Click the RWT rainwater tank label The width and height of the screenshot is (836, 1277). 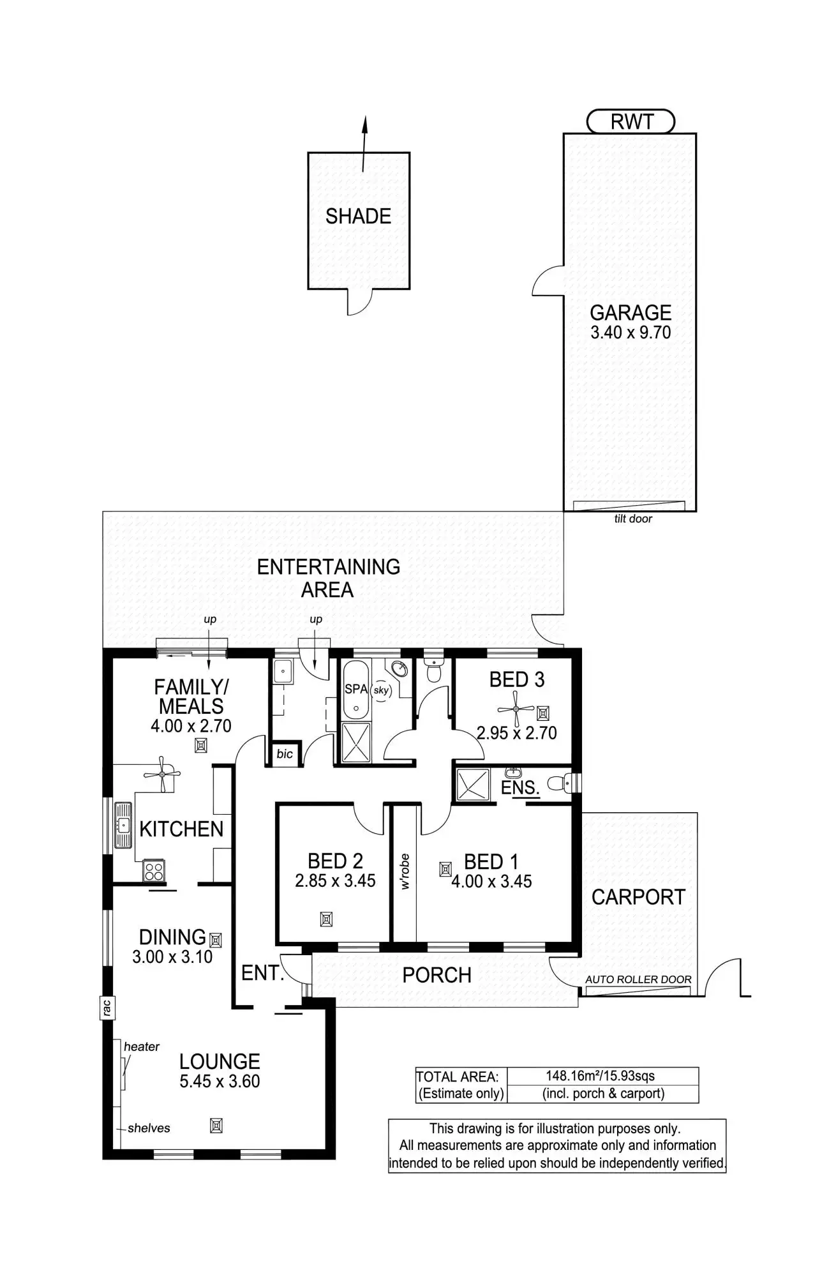631,121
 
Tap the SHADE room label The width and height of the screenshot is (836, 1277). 358,216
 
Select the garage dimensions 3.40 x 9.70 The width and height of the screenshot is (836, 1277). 631,332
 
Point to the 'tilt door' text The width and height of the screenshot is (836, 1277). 633,519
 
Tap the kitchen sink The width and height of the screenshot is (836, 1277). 123,824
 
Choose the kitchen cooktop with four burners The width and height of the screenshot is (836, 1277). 153,870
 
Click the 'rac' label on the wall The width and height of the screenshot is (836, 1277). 107,1008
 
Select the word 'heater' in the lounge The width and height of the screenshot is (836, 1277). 142,1047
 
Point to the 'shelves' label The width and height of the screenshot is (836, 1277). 149,1128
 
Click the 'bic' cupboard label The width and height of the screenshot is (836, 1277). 285,753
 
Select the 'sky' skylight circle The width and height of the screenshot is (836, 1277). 381,690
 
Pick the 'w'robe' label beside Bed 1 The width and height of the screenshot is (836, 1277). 405,872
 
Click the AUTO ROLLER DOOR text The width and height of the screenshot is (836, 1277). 638,979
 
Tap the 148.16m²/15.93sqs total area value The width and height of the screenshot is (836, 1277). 601,1076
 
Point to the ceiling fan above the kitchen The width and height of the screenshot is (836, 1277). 162,774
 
